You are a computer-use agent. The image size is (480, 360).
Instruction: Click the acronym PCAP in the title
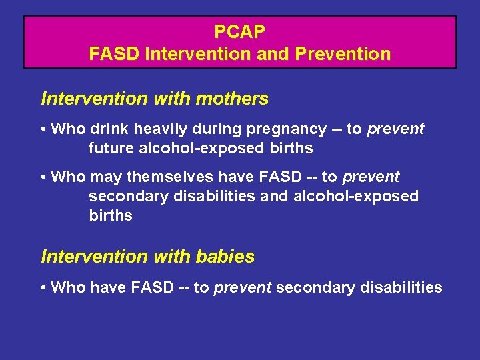coord(240,31)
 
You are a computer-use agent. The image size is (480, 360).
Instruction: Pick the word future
coord(111,148)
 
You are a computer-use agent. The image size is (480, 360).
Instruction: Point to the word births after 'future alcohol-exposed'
coord(291,148)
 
